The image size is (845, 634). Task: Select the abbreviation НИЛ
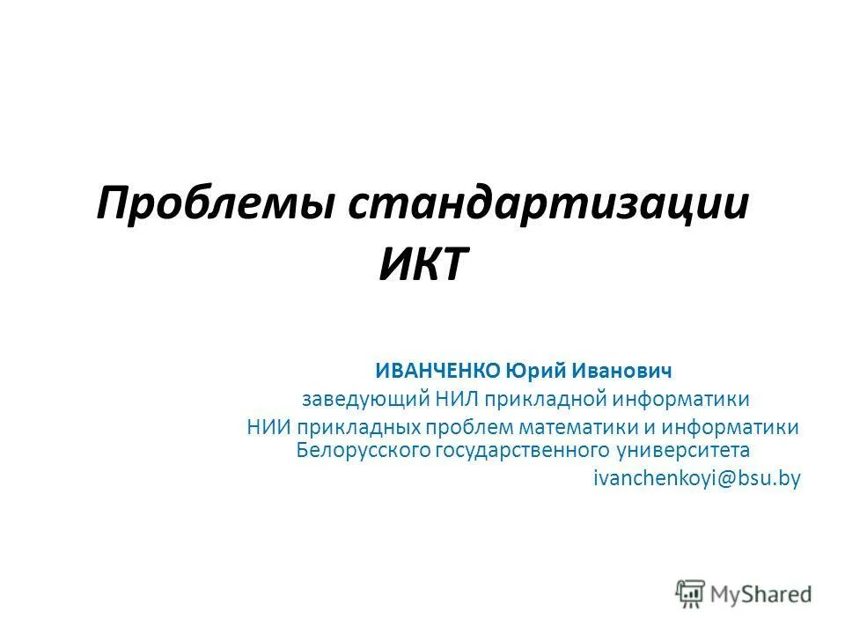click(x=458, y=399)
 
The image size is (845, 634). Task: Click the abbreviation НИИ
click(x=268, y=428)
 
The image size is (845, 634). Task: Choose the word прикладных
click(x=358, y=428)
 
